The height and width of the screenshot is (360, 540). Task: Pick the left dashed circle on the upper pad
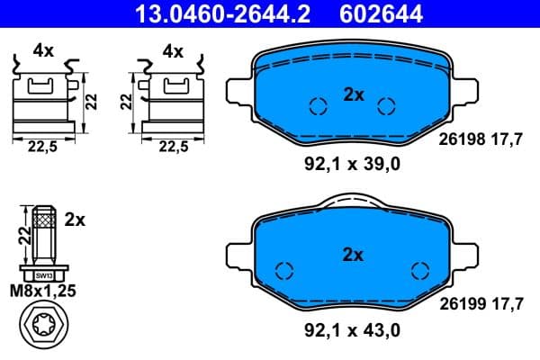pyautogui.click(x=316, y=106)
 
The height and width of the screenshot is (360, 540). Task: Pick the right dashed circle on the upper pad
pyautogui.click(x=386, y=106)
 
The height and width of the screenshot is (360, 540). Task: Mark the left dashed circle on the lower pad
pyautogui.click(x=284, y=270)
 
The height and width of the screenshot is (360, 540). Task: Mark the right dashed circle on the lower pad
pyautogui.click(x=418, y=270)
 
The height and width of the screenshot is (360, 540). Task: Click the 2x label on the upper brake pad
pyautogui.click(x=353, y=94)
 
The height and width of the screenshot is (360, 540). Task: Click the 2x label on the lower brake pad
pyautogui.click(x=353, y=255)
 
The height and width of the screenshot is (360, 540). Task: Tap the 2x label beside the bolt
pyautogui.click(x=76, y=220)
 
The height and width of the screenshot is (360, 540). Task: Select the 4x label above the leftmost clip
pyautogui.click(x=42, y=50)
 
